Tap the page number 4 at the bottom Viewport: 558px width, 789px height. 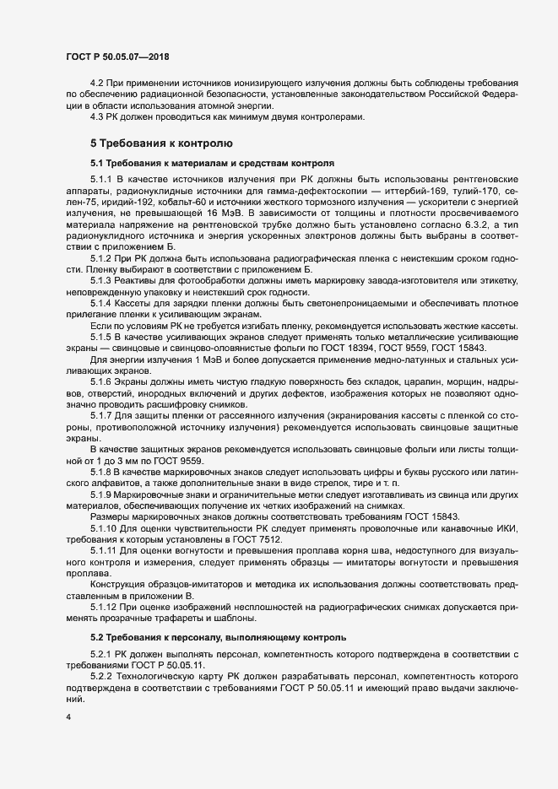tap(68, 717)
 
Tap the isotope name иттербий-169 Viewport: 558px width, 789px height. tap(398, 191)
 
